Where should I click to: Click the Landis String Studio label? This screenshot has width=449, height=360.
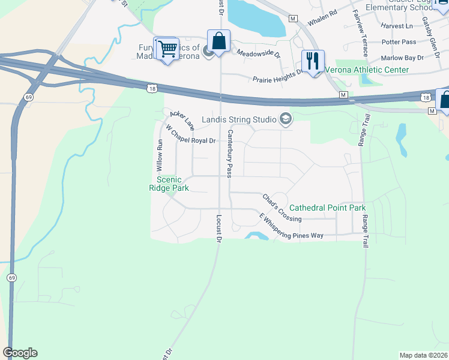[x=238, y=119]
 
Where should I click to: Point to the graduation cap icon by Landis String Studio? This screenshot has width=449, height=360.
[x=285, y=119]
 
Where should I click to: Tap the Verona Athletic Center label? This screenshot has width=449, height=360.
[x=366, y=70]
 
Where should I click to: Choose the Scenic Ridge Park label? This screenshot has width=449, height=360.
[x=169, y=184]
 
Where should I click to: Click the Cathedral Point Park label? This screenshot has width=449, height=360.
[x=327, y=208]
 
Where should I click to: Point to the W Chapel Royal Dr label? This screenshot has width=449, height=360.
[x=190, y=136]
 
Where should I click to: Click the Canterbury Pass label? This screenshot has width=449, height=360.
[x=229, y=153]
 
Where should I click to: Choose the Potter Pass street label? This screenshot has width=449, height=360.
[x=399, y=42]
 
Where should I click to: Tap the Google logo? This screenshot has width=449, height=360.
[x=20, y=353]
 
